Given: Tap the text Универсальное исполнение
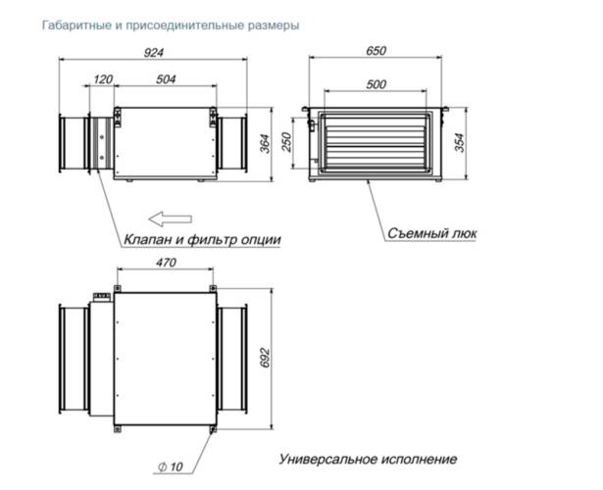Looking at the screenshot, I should click(x=368, y=459).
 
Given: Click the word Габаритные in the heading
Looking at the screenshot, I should click(x=74, y=24).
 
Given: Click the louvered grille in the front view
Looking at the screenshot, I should click(x=377, y=144).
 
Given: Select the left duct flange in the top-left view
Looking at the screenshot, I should click(x=77, y=144).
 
